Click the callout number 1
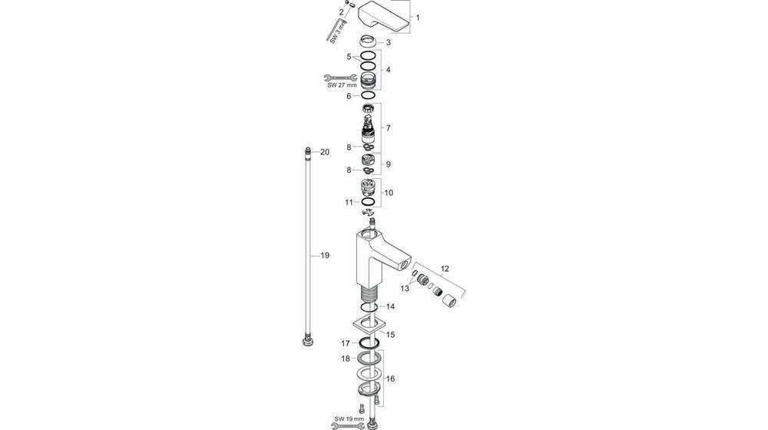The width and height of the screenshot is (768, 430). click(418, 17)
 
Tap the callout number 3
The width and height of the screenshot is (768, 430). click(389, 42)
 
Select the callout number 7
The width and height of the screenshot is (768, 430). click(389, 127)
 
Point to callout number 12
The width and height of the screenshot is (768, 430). click(445, 270)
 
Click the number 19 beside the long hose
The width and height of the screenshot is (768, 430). click(325, 255)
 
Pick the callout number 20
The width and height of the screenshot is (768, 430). click(325, 152)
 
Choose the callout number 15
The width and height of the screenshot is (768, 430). click(390, 335)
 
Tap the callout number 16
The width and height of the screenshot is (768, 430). click(390, 379)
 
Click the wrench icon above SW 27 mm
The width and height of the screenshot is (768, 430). click(336, 77)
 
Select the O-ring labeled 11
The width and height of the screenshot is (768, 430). click(369, 203)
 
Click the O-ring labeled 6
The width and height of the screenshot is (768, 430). click(369, 96)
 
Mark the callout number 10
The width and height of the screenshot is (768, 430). click(389, 193)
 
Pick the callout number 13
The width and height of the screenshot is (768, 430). click(405, 288)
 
